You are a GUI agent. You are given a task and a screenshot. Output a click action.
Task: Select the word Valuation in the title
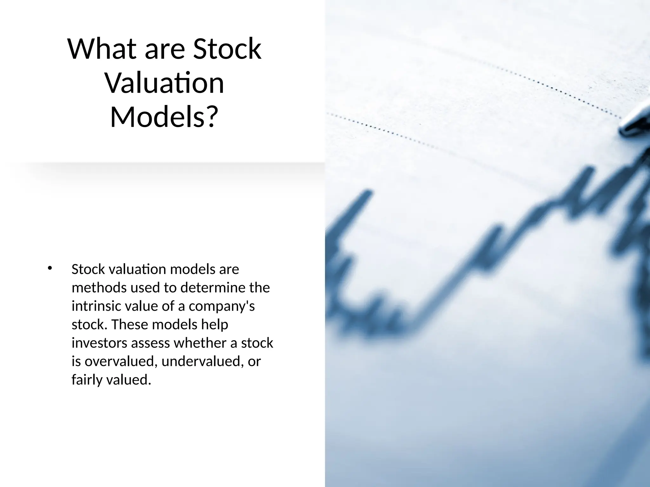[x=164, y=83]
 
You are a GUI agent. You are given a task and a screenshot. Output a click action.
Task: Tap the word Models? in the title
[x=164, y=117]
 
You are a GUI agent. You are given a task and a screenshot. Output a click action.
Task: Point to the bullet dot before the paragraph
[x=49, y=268]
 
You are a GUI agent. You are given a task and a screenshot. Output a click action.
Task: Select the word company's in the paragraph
[x=222, y=306]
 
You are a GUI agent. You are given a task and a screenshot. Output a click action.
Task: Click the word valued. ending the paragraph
[x=129, y=380]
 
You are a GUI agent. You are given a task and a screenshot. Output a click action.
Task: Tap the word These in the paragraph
[x=130, y=324]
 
